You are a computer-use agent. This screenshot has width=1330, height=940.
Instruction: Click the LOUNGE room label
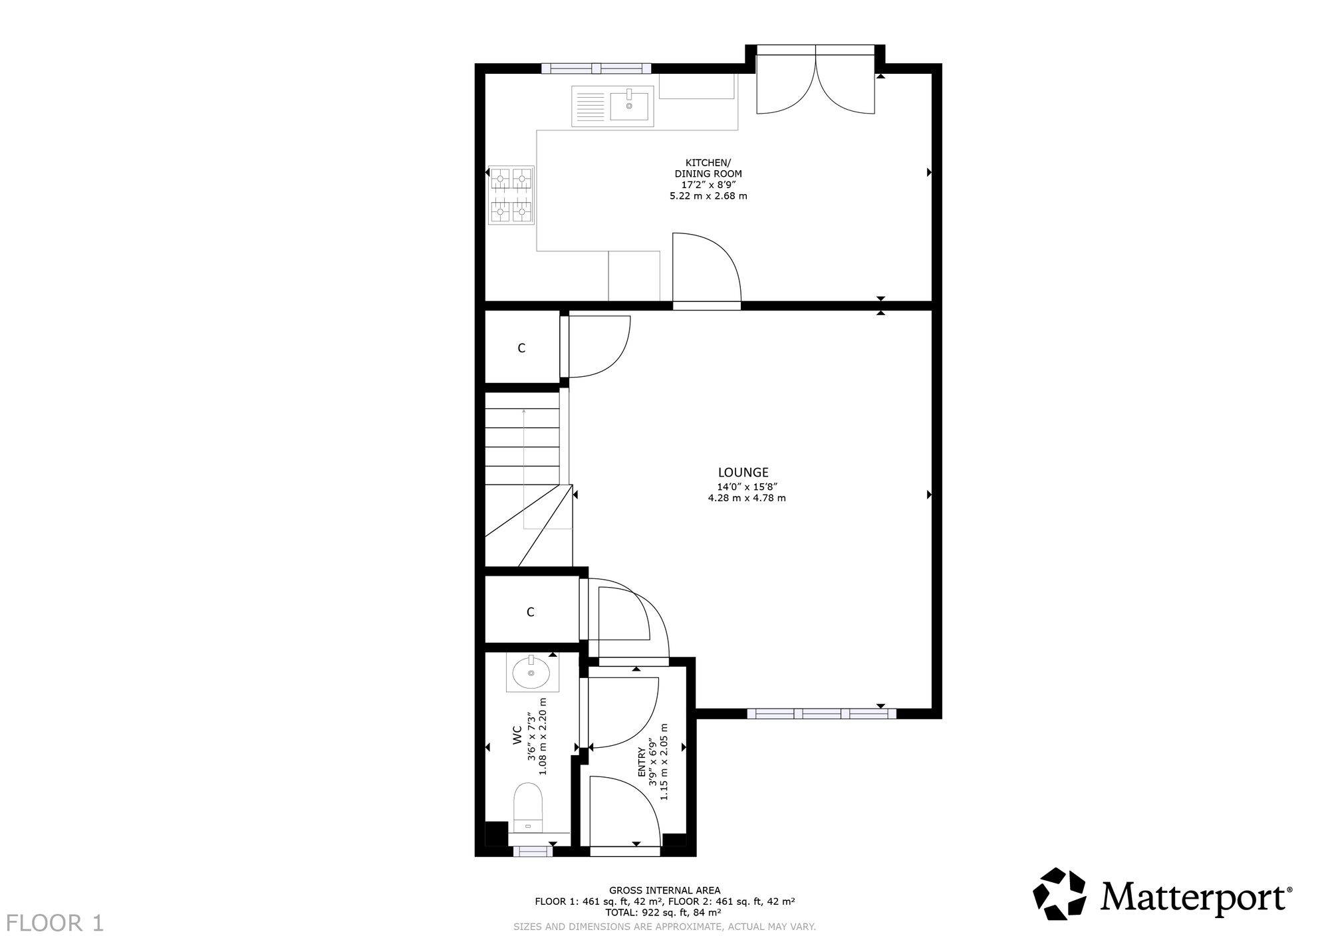(743, 473)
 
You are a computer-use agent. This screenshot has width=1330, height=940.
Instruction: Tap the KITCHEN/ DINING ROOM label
(708, 168)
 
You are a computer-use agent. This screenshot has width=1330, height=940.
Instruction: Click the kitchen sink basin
(628, 106)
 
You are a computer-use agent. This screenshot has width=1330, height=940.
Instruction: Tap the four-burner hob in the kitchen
(511, 195)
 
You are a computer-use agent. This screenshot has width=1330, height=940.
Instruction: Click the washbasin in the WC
(532, 672)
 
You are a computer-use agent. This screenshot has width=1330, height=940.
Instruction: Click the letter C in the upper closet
(521, 348)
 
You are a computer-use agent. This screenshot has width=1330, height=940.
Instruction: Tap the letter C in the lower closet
(530, 612)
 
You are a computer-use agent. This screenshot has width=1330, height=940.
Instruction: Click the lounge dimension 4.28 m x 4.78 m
(747, 498)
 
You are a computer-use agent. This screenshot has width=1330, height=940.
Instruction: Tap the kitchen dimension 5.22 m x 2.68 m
(708, 196)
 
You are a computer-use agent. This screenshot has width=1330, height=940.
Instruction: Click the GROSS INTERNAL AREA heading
(664, 890)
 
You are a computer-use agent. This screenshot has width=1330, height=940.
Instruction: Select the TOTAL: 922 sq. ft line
(664, 913)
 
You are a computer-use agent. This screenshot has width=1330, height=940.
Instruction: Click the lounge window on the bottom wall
(821, 713)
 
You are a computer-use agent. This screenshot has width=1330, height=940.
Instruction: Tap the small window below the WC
(531, 851)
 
